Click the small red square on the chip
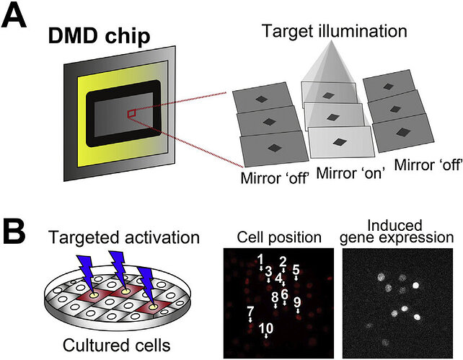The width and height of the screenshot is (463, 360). [x=131, y=113]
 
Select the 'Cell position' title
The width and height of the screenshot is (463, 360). [x=280, y=237]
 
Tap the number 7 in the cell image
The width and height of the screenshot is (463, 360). [x=250, y=312]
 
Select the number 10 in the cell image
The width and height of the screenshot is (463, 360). [x=266, y=328]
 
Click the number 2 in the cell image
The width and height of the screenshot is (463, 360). [x=283, y=262]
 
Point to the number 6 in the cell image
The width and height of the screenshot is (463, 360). [x=285, y=294]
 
